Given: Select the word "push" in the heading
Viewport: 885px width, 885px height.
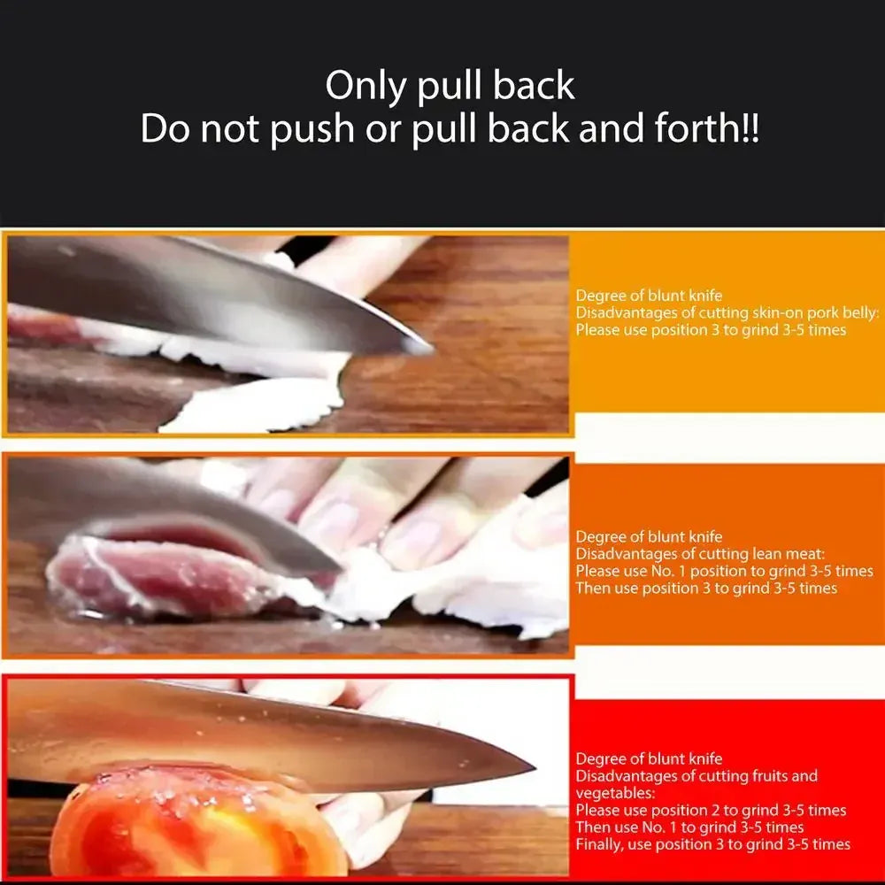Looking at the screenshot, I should click(311, 129).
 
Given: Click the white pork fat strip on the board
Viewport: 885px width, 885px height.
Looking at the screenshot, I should click(257, 407).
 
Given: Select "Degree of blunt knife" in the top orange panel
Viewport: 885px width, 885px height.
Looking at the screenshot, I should click(649, 296).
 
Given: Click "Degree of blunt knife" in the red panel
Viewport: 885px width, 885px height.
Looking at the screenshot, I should click(649, 758).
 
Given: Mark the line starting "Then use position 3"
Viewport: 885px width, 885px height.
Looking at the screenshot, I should click(706, 588).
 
